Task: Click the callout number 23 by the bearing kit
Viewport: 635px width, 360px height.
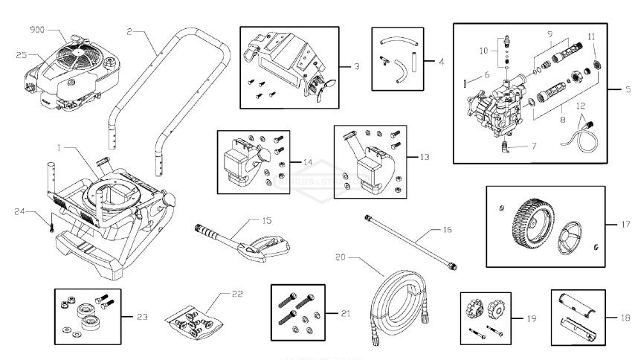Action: click(141, 316)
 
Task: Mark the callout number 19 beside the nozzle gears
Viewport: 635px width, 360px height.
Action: click(531, 318)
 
